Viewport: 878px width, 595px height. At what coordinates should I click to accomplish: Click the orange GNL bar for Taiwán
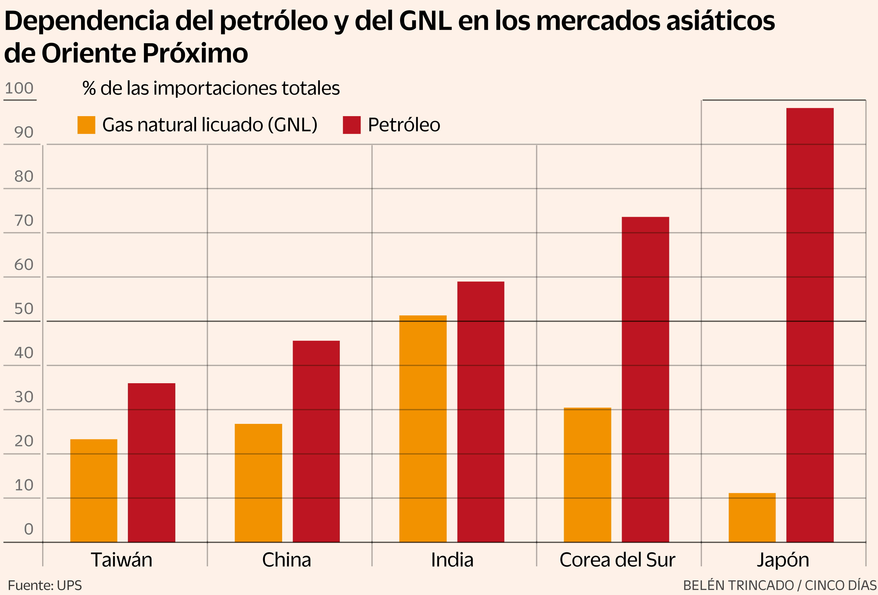click(x=94, y=491)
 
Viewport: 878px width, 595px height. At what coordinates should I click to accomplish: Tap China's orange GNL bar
click(x=258, y=483)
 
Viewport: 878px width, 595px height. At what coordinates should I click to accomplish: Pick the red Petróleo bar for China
click(x=316, y=441)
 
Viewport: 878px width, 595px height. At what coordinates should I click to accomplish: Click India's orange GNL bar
click(x=423, y=429)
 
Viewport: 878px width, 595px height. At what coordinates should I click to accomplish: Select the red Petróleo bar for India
click(x=481, y=412)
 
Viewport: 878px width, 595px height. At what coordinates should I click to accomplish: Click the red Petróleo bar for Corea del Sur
click(x=645, y=379)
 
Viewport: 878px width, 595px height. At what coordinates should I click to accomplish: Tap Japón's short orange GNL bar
click(x=752, y=517)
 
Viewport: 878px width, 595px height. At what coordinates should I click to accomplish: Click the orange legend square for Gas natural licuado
click(x=86, y=125)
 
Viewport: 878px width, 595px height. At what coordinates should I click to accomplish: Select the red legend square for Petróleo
click(x=351, y=125)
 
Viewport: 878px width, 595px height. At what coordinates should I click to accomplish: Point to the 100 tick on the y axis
click(x=19, y=88)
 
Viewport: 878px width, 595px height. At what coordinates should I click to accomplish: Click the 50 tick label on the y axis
click(x=24, y=309)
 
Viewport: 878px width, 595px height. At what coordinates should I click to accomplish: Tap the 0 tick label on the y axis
click(x=29, y=529)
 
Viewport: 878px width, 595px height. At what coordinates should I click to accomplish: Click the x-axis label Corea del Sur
click(x=617, y=560)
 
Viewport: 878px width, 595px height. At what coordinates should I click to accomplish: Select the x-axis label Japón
click(x=783, y=560)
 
